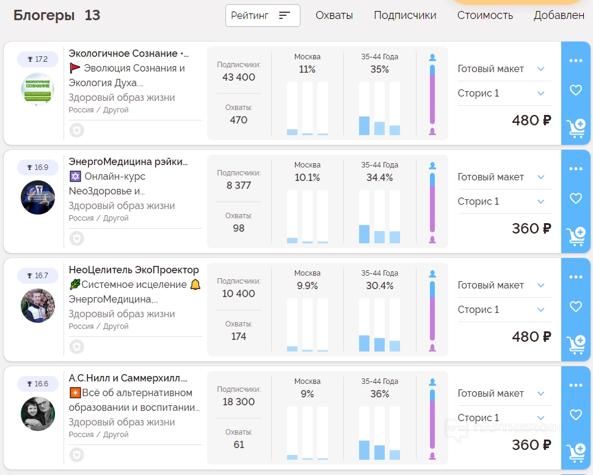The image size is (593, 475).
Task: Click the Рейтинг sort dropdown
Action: tap(263, 16)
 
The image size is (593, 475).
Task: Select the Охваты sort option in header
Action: tap(334, 16)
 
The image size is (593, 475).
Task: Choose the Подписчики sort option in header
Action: tap(405, 16)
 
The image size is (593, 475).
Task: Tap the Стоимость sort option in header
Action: tap(485, 16)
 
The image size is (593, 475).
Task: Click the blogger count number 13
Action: tap(92, 16)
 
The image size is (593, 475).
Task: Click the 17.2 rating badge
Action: tap(37, 59)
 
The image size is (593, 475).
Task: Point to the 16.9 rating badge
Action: tap(37, 168)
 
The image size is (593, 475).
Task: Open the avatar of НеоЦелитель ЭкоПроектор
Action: tap(38, 306)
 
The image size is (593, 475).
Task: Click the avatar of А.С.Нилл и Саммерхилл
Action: tap(38, 414)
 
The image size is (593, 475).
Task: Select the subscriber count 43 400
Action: tap(239, 78)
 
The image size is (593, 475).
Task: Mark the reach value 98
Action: tap(239, 228)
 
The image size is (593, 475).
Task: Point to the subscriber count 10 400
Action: tap(239, 294)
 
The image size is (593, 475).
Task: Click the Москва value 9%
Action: tap(307, 394)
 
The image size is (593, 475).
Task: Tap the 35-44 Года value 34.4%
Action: tap(379, 178)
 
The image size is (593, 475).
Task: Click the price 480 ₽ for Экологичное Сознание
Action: tap(531, 120)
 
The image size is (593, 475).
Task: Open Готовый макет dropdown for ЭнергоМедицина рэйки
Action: tap(501, 177)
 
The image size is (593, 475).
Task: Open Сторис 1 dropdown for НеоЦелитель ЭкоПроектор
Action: tap(501, 310)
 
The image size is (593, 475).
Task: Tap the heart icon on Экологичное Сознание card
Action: tap(576, 90)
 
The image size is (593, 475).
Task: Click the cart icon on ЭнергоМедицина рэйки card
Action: tap(576, 236)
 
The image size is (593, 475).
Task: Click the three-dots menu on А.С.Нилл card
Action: tap(576, 385)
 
